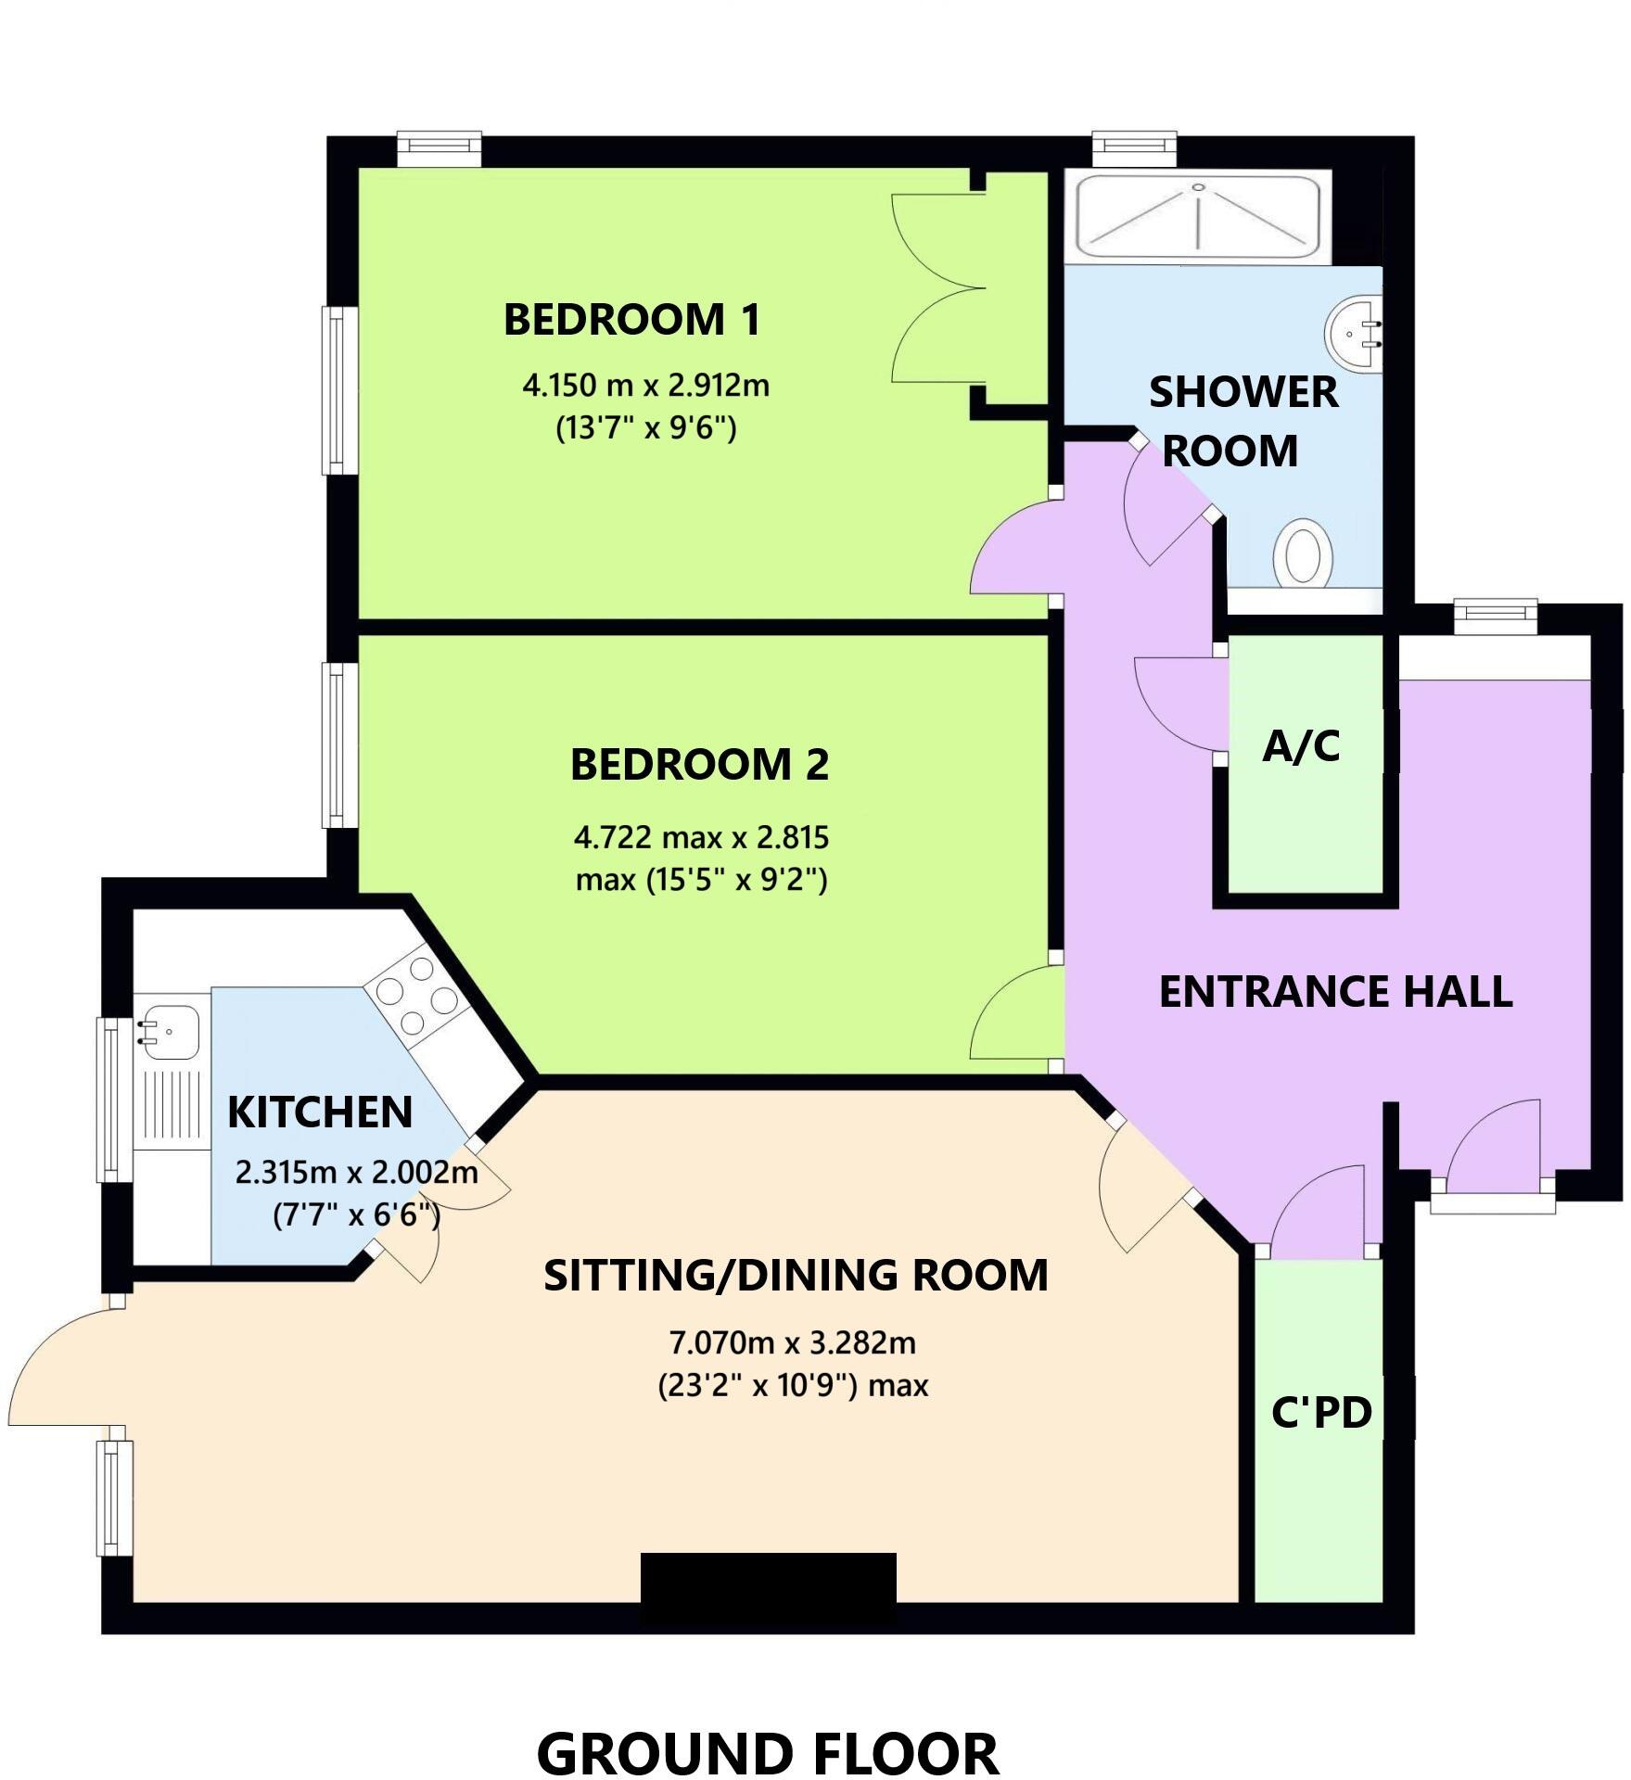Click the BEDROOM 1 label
[x=631, y=320]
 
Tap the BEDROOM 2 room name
[x=699, y=765]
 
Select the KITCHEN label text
[x=320, y=1112]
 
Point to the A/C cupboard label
[x=1301, y=746]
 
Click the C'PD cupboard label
[x=1321, y=1413]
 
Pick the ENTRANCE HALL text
[x=1335, y=992]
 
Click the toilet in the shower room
[x=1303, y=553]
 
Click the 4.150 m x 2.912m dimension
[x=645, y=385]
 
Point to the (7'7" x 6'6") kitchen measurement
[x=356, y=1214]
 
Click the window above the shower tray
[x=1134, y=145]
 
